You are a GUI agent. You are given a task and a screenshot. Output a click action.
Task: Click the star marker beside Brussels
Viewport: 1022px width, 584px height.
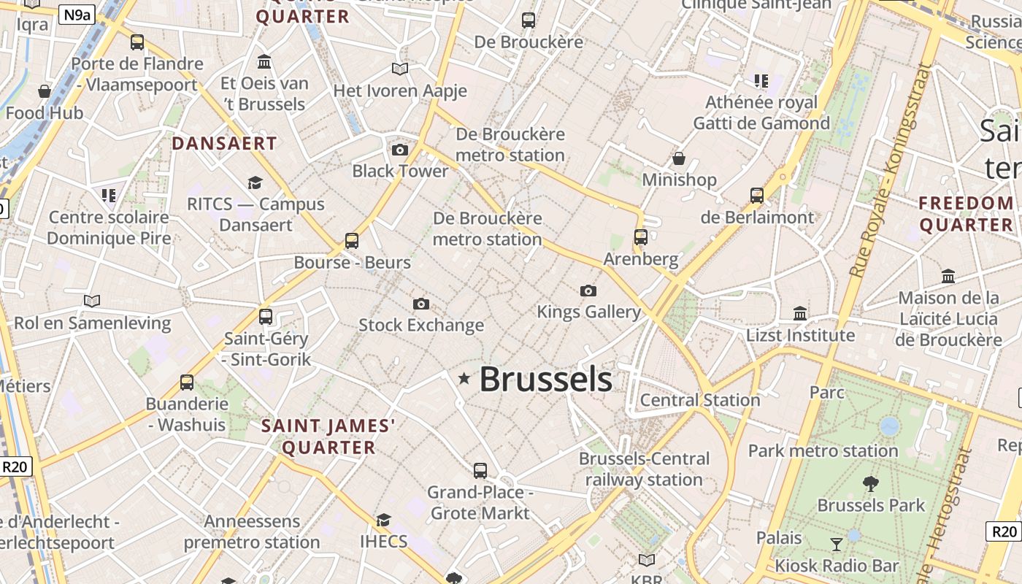click(x=464, y=378)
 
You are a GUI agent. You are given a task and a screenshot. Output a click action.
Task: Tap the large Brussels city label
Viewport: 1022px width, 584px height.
click(x=545, y=380)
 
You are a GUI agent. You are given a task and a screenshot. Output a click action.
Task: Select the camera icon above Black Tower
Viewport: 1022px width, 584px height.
click(x=400, y=150)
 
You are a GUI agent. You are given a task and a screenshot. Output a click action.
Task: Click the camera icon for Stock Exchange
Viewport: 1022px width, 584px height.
click(x=421, y=304)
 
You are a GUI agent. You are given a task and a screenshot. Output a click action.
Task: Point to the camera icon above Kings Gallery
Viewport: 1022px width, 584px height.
click(x=588, y=291)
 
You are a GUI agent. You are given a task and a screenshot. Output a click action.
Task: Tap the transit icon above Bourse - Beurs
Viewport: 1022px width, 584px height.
click(x=352, y=240)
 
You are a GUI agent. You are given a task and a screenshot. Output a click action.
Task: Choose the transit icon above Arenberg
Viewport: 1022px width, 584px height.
click(x=641, y=237)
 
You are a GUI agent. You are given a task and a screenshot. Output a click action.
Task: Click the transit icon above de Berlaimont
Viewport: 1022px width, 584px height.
click(x=757, y=196)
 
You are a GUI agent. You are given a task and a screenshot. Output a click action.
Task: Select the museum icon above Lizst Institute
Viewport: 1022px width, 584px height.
click(x=800, y=313)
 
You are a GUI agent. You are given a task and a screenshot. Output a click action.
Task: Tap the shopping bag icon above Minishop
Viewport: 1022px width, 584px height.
click(x=679, y=158)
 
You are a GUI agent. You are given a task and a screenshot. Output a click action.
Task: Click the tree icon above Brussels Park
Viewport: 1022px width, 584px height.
click(x=870, y=483)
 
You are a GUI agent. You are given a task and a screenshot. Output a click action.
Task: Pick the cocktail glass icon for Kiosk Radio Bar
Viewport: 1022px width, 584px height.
click(x=837, y=544)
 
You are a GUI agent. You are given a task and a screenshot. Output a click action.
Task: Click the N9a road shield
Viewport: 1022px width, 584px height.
click(x=77, y=15)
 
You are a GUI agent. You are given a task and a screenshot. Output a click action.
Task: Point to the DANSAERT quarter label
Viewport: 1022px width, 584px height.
click(x=224, y=143)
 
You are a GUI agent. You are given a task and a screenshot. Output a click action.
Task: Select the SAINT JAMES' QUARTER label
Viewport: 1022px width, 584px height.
click(x=328, y=436)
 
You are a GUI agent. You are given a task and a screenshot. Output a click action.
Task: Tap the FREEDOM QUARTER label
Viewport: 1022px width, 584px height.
click(x=967, y=213)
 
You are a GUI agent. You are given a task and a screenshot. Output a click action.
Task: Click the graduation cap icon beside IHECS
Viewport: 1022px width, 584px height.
click(x=383, y=520)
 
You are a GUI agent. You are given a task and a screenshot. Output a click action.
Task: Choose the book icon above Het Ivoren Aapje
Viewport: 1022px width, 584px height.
click(x=400, y=69)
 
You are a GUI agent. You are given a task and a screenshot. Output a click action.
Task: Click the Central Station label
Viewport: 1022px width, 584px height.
click(x=700, y=400)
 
